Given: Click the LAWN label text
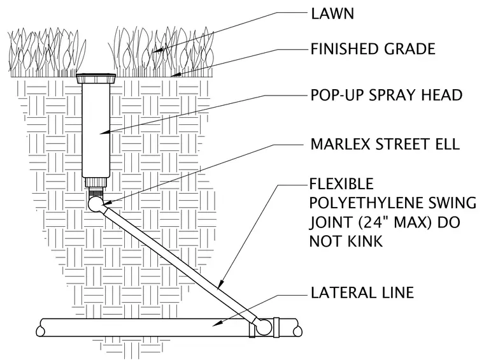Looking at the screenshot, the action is pyautogui.click(x=332, y=14).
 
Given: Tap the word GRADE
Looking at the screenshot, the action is pyautogui.click(x=409, y=49).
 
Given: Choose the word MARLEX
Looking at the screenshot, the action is pyautogui.click(x=339, y=144).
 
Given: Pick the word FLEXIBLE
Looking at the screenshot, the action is pyautogui.click(x=341, y=184).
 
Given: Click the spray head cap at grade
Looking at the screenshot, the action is pyautogui.click(x=96, y=78).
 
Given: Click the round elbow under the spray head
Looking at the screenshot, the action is pyautogui.click(x=97, y=204).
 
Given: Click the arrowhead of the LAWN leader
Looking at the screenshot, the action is pyautogui.click(x=158, y=50).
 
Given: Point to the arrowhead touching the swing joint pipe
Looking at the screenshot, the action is pyautogui.click(x=220, y=285).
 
